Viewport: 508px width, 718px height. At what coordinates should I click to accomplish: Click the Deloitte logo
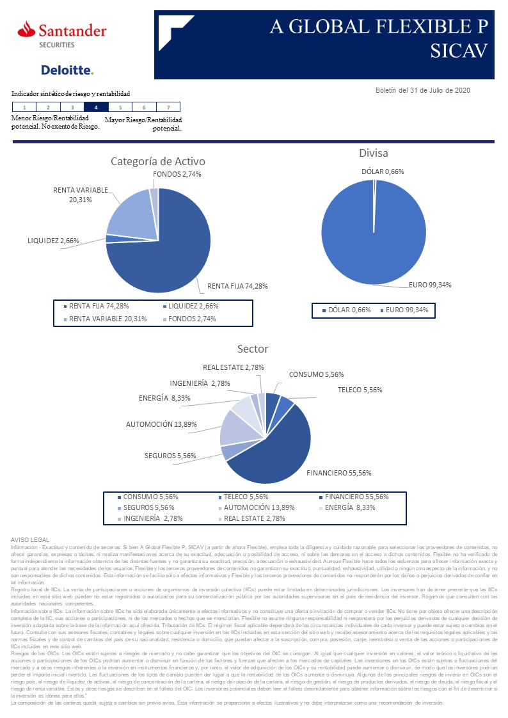coord(67,70)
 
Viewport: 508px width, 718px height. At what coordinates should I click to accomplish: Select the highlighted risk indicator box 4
coord(96,108)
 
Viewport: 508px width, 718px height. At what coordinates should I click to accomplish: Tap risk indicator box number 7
coord(168,108)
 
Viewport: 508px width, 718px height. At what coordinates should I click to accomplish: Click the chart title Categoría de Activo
coord(158,161)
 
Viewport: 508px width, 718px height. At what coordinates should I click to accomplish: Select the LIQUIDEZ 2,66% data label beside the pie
coord(53,241)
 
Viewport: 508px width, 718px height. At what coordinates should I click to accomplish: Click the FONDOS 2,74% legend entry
coord(189,319)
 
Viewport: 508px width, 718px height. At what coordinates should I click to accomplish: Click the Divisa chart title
coord(373,153)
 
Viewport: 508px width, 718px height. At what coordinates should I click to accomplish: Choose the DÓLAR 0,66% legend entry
coord(345,310)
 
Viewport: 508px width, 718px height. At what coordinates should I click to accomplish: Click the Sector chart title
coord(253,349)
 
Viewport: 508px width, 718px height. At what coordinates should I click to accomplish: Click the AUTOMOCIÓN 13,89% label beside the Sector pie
coord(161,424)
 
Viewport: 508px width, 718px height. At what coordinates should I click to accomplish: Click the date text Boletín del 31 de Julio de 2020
coord(422,90)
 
